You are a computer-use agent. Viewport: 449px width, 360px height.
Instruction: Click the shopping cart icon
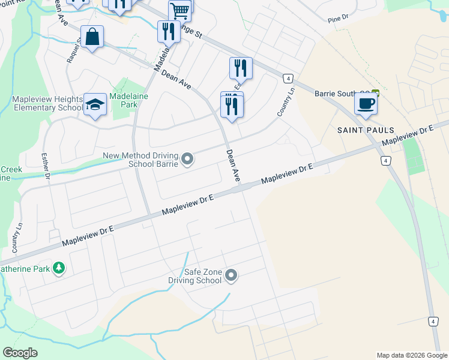pos(179,10)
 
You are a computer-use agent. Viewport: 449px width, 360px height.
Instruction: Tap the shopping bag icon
pos(92,37)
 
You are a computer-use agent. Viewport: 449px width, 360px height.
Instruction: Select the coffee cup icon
pos(365,103)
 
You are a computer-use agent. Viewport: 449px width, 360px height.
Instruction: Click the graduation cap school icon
pos(95,104)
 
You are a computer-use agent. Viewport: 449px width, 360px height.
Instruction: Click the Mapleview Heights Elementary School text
pos(47,103)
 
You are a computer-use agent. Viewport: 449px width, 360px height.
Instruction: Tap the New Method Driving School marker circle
pos(187,159)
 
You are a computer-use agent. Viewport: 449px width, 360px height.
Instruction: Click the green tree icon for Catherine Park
pos(58,267)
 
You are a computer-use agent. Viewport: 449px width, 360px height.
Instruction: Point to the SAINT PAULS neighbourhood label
pos(366,130)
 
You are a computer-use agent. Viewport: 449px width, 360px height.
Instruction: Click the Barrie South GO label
pos(342,94)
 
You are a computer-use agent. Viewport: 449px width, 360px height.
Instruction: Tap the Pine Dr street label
pos(338,20)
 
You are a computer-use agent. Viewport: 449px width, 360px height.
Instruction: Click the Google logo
pos(20,353)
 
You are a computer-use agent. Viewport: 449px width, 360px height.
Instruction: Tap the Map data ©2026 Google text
pos(411,355)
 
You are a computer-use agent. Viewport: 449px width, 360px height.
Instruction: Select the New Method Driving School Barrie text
pos(141,160)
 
